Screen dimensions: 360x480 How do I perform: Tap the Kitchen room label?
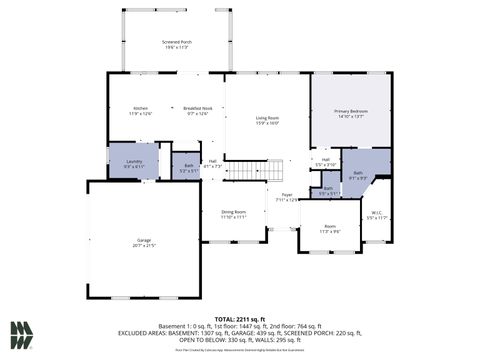141,111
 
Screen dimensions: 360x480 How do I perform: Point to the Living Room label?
266,121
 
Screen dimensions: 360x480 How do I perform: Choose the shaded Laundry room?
133,162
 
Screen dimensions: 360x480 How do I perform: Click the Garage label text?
144,243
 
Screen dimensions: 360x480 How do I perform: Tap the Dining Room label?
234,214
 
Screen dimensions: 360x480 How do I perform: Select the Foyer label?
286,197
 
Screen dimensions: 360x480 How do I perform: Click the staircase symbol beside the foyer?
246,170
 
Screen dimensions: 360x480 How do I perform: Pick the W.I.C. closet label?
376,215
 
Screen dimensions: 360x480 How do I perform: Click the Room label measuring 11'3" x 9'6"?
329,229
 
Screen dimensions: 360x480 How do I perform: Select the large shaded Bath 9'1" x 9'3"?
359,175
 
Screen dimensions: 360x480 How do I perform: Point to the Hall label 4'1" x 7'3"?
212,163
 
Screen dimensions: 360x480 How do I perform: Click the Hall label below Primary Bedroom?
325,162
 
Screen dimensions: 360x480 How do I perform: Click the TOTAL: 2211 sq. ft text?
240,319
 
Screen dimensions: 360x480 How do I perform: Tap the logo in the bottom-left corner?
21,333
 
